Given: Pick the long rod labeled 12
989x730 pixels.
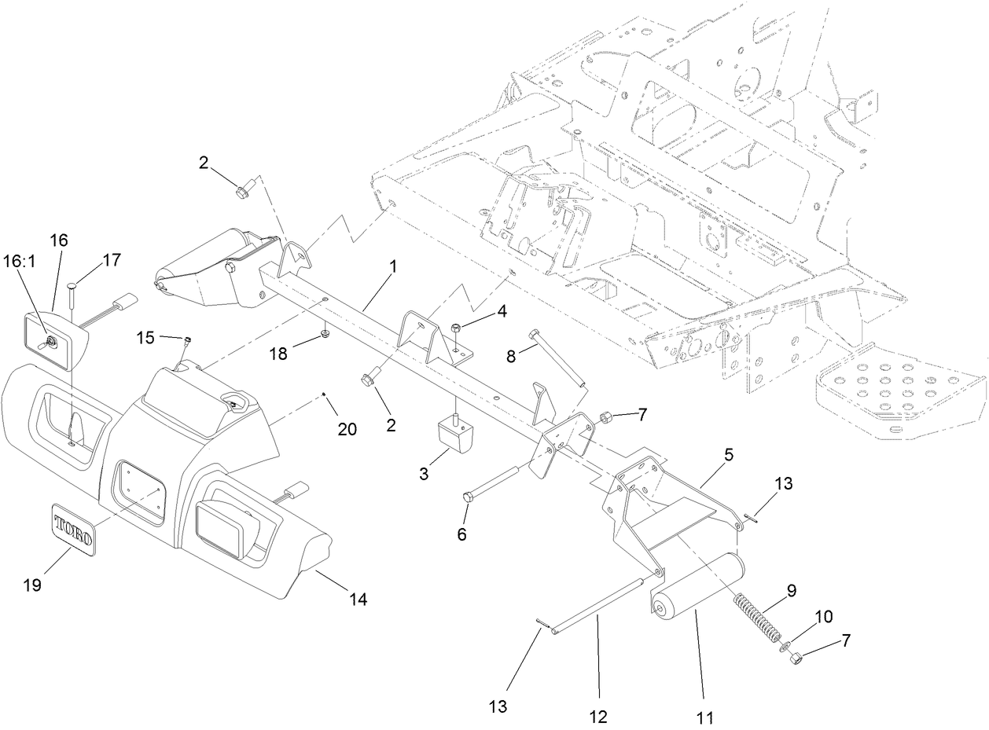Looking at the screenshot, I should pos(597,606).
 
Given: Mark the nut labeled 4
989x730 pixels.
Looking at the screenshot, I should pos(458,327).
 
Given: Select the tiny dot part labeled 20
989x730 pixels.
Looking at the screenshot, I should pos(325,394).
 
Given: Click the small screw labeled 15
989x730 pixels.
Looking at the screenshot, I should pos(187,340).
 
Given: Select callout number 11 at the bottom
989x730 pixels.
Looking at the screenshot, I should pos(704,717).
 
